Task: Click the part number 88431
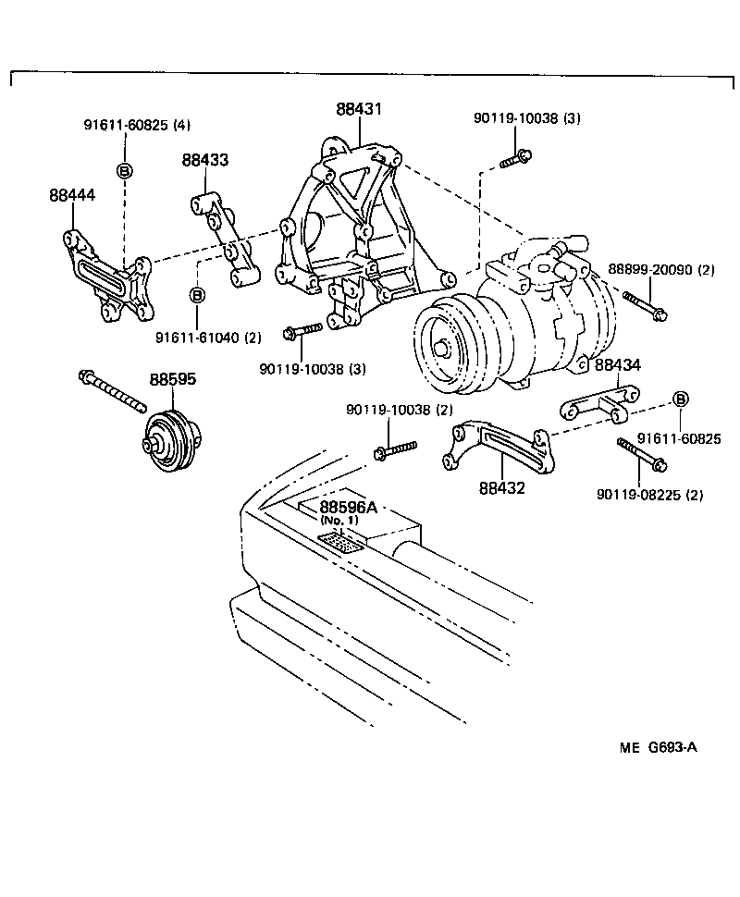point(359,109)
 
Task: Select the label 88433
point(205,160)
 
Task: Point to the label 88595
point(173,379)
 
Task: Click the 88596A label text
point(349,507)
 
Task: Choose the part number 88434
point(618,365)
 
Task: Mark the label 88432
point(502,487)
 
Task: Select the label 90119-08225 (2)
point(650,495)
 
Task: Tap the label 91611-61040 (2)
point(208,338)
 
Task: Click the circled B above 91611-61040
point(197,295)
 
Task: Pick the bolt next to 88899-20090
point(645,305)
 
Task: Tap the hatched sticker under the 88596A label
point(339,542)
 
